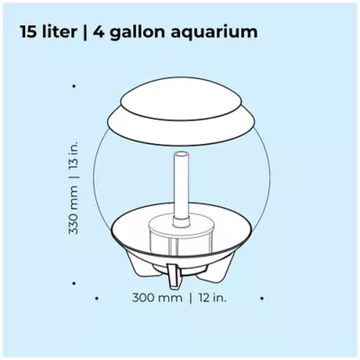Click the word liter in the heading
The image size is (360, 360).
click(57, 31)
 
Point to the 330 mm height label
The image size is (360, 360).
click(74, 210)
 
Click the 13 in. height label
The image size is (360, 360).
click(74, 157)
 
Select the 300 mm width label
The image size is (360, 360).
click(157, 298)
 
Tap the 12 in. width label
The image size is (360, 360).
click(211, 298)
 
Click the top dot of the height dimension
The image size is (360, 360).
click(74, 86)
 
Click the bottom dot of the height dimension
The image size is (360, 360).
click(74, 283)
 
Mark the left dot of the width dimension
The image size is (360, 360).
click(96, 299)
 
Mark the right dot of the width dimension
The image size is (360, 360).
click(262, 299)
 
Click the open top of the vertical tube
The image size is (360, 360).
click(182, 155)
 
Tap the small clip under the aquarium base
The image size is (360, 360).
click(174, 276)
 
